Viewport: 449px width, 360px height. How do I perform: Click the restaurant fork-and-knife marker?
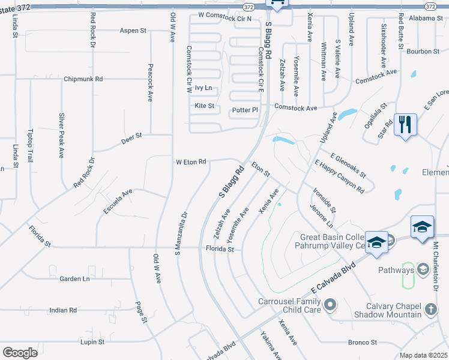[x=405, y=125]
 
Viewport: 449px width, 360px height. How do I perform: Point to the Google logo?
[x=20, y=352]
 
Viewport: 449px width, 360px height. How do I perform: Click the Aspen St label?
[x=133, y=31]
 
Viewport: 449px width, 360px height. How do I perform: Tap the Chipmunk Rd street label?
[x=83, y=79]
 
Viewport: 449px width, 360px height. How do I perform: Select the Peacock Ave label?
[x=150, y=83]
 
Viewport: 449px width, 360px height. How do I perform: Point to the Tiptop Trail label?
[x=31, y=145]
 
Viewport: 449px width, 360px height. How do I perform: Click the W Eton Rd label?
[x=191, y=162]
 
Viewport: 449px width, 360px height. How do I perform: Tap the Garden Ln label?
[x=74, y=278]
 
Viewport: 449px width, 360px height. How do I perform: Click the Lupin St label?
[x=92, y=342]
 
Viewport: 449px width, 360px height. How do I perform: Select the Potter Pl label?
[x=244, y=110]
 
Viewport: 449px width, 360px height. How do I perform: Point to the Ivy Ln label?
[x=204, y=88]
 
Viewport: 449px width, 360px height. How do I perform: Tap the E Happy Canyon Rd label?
[x=339, y=176]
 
